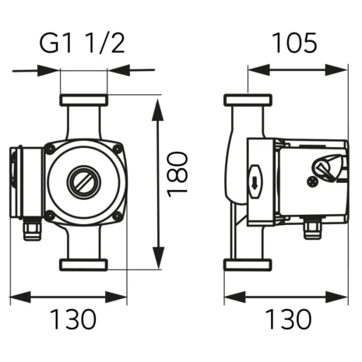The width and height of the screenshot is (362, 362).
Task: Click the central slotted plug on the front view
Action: pyautogui.click(x=83, y=183)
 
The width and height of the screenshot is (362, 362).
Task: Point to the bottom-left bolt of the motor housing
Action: pyautogui.click(x=51, y=216)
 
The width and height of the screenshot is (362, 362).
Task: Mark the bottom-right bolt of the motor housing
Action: pyautogui.click(x=116, y=216)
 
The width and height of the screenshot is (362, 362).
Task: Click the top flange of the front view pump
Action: pyautogui.click(x=83, y=100)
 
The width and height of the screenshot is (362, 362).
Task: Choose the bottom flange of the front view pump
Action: pyautogui.click(x=83, y=265)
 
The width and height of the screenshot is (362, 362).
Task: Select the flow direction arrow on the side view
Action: pyautogui.click(x=255, y=182)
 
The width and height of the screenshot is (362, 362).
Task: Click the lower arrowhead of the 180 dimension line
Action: pyautogui.click(x=159, y=262)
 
